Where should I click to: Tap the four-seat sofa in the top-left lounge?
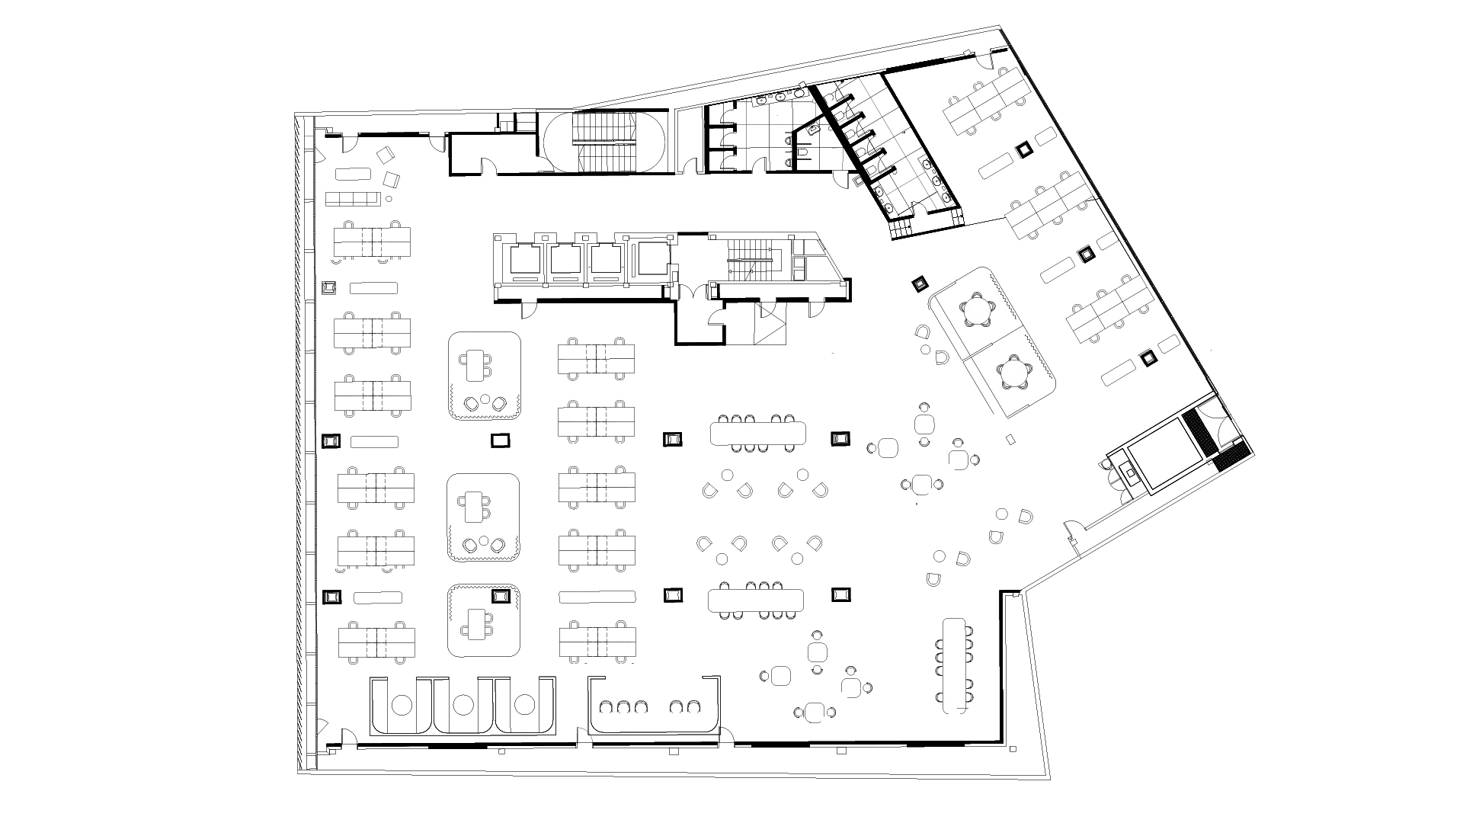[x=353, y=199]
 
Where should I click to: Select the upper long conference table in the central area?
[x=757, y=434]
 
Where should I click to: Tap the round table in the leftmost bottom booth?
[x=401, y=705]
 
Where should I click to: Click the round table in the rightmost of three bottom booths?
[x=523, y=705]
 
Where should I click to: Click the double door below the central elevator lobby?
[x=694, y=292]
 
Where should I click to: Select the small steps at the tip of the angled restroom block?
[x=902, y=229]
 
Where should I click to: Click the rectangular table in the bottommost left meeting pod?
[x=477, y=624]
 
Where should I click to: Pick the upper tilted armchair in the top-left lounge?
[x=385, y=155]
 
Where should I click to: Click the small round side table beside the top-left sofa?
[x=389, y=199]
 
